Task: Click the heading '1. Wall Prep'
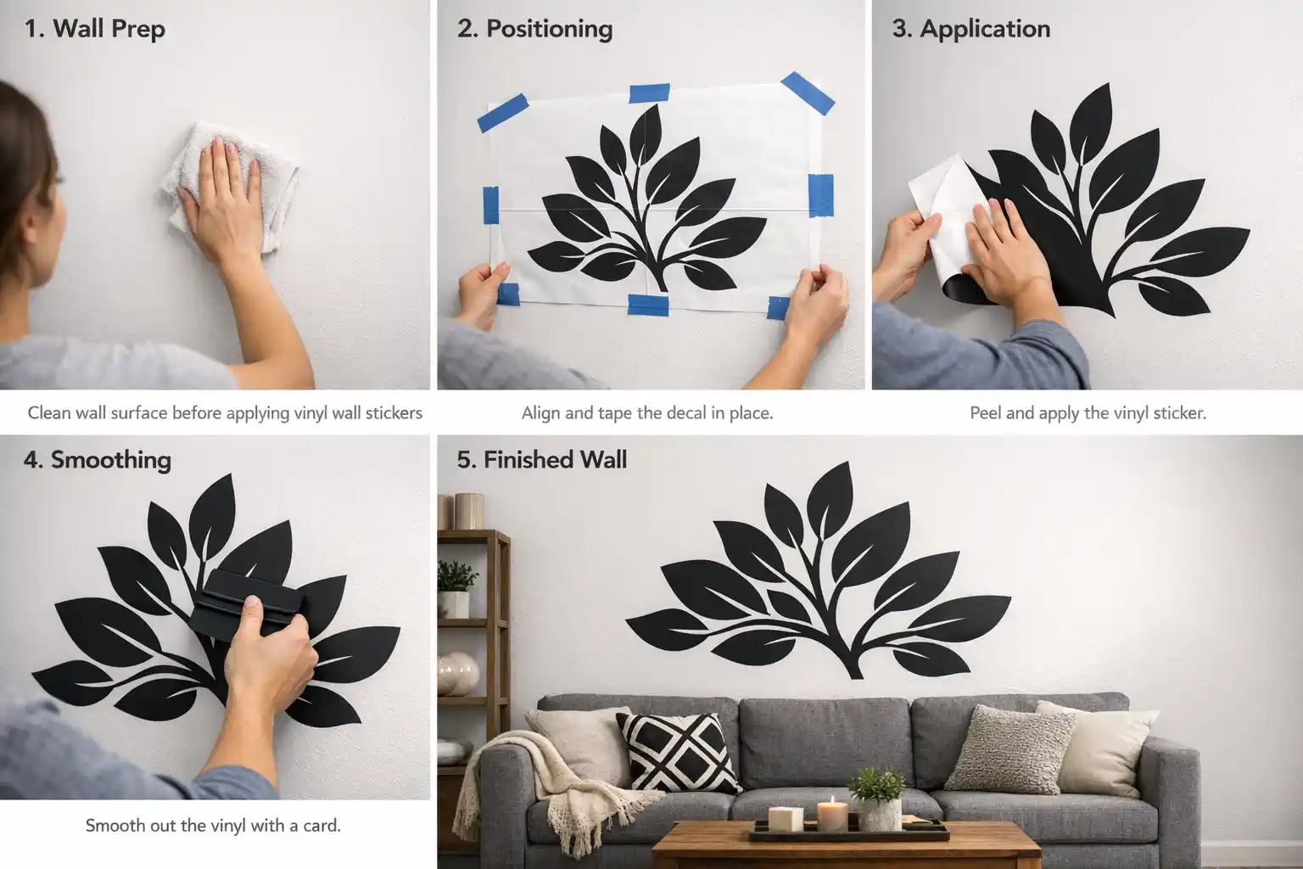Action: [x=94, y=29]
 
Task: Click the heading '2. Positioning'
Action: [x=534, y=29]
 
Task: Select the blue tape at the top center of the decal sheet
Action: [x=649, y=93]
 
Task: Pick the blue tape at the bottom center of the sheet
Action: [x=647, y=304]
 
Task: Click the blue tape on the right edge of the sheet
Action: [x=820, y=195]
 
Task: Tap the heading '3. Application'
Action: [x=970, y=29]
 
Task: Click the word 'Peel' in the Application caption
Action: [x=985, y=413]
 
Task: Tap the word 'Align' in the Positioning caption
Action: [x=540, y=413]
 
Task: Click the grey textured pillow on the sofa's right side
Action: [x=1009, y=749]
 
